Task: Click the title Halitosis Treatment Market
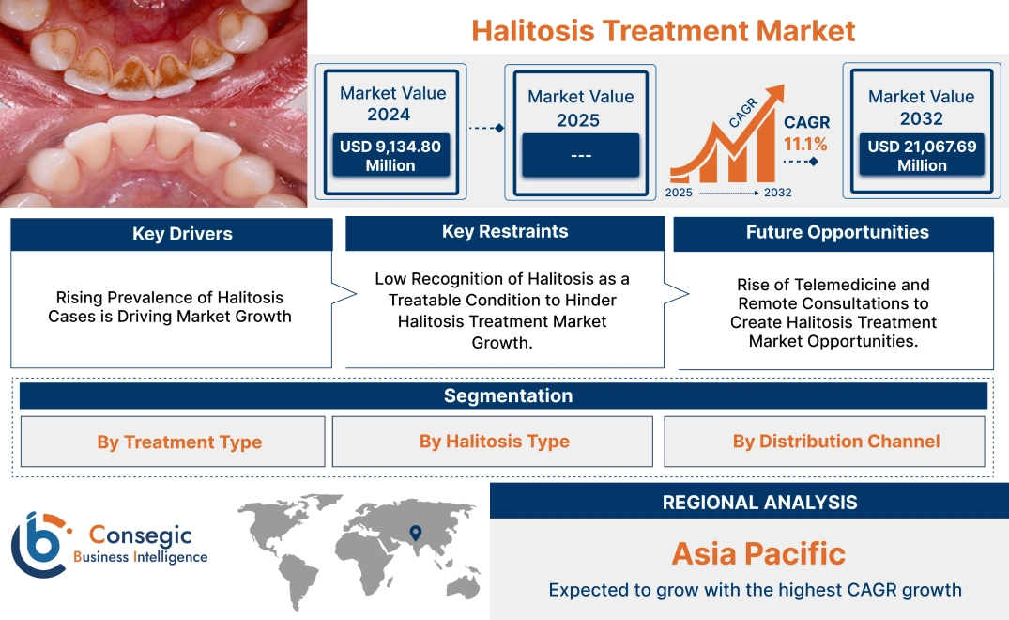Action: pos(663,30)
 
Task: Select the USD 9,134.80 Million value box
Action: pos(390,156)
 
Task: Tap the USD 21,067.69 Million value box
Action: pos(922,156)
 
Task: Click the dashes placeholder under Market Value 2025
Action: pos(580,155)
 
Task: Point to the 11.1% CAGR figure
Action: pos(805,144)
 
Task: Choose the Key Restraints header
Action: pos(505,232)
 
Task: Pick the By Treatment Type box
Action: pos(179,442)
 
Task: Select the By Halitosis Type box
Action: pos(494,442)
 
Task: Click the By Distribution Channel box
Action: pos(835,442)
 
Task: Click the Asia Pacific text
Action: pos(758,553)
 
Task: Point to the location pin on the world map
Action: pos(414,535)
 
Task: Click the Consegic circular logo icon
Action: pos(38,544)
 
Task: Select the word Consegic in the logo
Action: pos(140,535)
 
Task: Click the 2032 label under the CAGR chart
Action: pos(777,193)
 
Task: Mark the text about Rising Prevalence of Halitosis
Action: pos(170,307)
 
